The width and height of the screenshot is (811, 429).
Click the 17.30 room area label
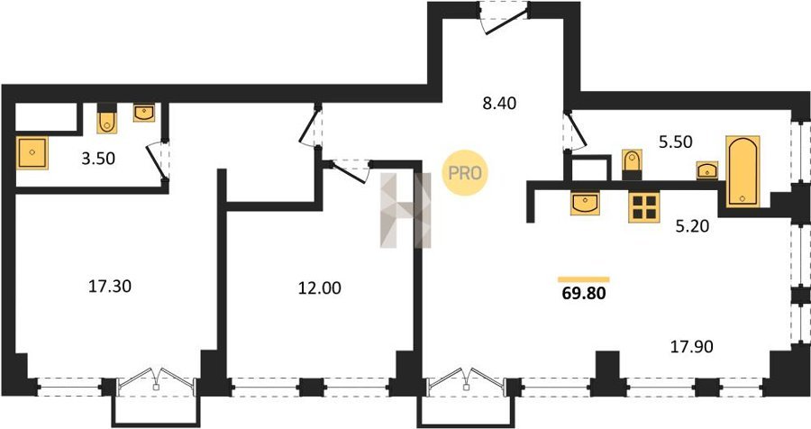click(x=110, y=287)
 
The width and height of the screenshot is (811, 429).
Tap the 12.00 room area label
click(x=320, y=288)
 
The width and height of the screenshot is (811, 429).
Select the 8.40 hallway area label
click(x=499, y=104)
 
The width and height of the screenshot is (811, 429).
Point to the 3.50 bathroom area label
click(x=98, y=159)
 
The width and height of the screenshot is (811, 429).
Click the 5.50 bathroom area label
click(x=676, y=141)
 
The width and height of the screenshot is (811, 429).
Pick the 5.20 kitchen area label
click(x=693, y=225)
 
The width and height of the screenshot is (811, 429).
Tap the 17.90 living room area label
click(x=691, y=346)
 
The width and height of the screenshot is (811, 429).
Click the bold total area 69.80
click(x=583, y=294)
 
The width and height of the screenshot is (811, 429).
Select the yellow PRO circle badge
click(x=464, y=173)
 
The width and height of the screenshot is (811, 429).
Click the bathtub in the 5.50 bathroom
click(x=743, y=171)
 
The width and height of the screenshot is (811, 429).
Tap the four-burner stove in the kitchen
click(x=644, y=206)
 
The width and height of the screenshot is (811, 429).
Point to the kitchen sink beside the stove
click(x=585, y=203)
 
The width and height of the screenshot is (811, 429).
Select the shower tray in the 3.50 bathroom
click(x=32, y=152)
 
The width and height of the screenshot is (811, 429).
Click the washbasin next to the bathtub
click(x=707, y=170)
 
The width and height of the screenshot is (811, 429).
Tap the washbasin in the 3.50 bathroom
click(x=144, y=113)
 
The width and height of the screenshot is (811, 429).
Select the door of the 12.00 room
click(x=351, y=171)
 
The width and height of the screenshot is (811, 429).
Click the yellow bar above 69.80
click(x=583, y=279)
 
